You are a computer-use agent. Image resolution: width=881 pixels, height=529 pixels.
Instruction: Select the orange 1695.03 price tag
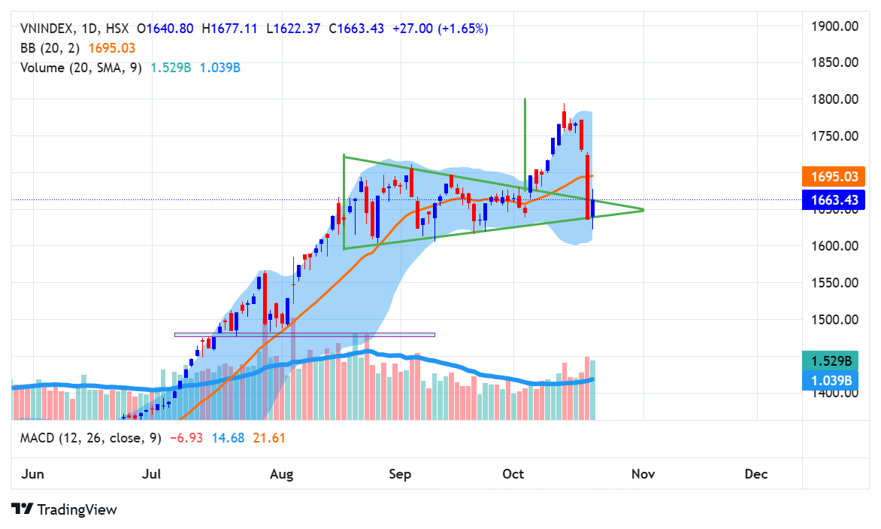834,178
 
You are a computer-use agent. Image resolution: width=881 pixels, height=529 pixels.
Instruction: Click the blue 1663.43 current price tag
834,199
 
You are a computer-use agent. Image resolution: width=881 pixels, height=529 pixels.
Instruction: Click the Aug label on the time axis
281,474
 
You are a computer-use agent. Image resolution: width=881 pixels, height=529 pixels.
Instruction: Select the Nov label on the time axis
643,474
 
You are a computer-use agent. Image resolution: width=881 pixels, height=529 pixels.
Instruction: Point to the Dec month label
755,474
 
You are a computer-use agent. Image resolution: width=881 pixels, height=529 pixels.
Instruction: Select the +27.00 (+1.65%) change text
440,29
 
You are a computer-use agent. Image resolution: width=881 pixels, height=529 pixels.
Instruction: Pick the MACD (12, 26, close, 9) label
90,437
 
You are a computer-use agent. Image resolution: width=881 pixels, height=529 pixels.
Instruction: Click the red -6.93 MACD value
184,437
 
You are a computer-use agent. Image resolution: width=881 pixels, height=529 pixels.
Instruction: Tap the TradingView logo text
77,509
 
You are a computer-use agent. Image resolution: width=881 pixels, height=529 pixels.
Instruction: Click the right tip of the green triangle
644,209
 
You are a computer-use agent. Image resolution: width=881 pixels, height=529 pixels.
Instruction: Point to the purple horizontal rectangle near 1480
304,334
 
